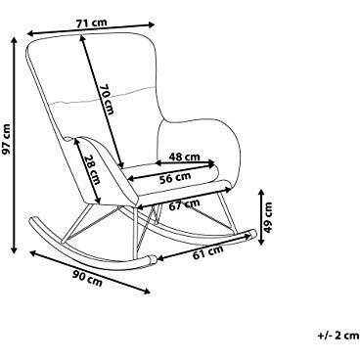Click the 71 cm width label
[91, 23]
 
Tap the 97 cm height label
[6, 139]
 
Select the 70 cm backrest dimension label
[107, 100]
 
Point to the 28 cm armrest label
[92, 168]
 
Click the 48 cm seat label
[184, 157]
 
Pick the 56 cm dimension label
[175, 178]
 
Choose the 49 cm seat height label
[268, 217]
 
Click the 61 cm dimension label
[208, 252]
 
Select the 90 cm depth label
[87, 278]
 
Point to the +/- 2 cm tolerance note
[338, 336]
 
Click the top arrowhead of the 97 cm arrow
[14, 40]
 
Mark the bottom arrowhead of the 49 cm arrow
[261, 242]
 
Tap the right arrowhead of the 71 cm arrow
[151, 24]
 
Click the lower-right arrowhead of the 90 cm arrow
[147, 292]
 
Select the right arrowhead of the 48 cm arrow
[212, 162]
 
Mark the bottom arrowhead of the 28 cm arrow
[97, 201]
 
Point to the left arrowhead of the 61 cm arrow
[160, 258]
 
